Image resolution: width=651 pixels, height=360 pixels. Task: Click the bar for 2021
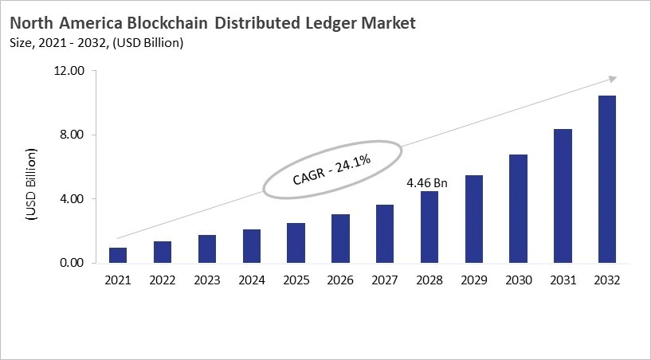click(118, 255)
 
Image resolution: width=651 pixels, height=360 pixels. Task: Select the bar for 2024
click(251, 246)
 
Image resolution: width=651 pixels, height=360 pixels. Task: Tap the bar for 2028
click(429, 227)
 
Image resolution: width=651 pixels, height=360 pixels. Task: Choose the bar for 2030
click(518, 209)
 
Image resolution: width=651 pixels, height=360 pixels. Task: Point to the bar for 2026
click(340, 238)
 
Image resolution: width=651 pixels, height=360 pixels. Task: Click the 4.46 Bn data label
click(427, 183)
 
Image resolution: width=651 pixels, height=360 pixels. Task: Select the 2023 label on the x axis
click(206, 280)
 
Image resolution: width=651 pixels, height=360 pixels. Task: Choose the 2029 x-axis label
click(473, 280)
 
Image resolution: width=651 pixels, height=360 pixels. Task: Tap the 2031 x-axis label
click(563, 280)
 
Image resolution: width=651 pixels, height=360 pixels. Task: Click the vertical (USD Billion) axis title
click(31, 184)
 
